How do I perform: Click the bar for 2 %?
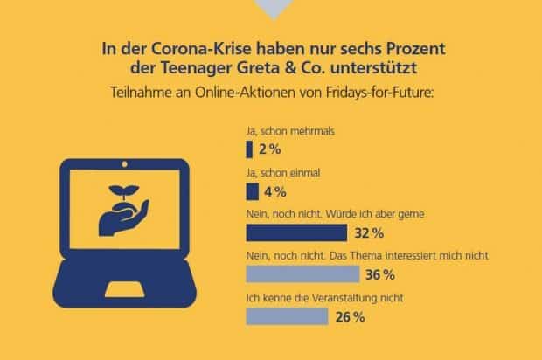pyautogui.click(x=250, y=148)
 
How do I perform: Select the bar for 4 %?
pyautogui.click(x=253, y=190)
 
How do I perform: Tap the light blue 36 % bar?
pyautogui.click(x=304, y=274)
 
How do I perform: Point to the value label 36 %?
pyautogui.click(x=378, y=274)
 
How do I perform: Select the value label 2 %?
pyautogui.click(x=271, y=149)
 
